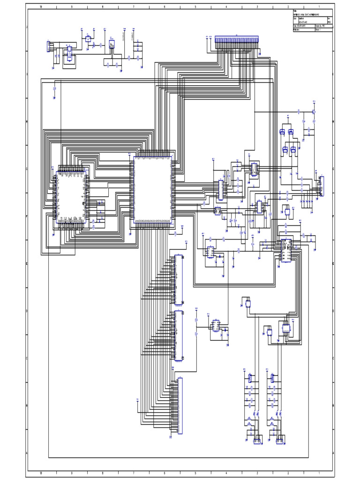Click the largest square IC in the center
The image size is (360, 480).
point(152,191)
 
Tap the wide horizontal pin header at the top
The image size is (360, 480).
point(237,40)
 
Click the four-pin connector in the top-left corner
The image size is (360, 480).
point(48,46)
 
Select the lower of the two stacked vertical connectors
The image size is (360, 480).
point(178,336)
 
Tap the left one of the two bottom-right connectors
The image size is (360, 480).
point(256,441)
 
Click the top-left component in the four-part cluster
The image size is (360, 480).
point(283,132)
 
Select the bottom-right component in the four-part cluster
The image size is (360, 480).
point(293,150)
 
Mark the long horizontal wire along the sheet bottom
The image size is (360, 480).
point(178,457)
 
